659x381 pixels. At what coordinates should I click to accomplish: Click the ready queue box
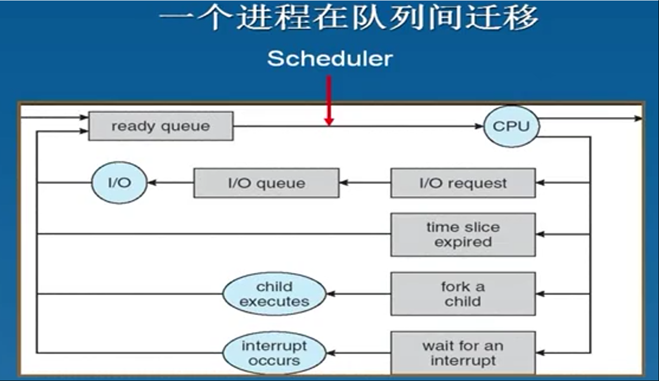[161, 126]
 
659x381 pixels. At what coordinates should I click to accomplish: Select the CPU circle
[512, 126]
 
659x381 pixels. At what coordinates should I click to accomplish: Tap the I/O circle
[119, 183]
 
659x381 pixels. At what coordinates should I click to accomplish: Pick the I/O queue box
[266, 183]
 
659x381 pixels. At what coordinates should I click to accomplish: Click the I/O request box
[463, 183]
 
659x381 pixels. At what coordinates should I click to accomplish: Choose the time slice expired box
[463, 234]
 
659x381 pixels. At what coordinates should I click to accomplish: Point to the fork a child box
[463, 294]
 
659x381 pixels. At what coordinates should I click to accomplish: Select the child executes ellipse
[274, 294]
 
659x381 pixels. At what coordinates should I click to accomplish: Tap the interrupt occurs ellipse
[274, 353]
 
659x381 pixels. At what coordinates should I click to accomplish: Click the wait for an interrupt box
[463, 353]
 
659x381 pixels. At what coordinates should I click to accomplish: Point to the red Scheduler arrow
[329, 101]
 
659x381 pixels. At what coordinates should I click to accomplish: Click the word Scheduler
[330, 58]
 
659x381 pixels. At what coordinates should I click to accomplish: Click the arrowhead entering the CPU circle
[479, 126]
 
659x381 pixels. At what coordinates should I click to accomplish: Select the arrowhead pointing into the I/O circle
[151, 183]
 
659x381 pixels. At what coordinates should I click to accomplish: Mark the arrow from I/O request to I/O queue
[365, 183]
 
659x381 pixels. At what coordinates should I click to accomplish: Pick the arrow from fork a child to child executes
[358, 294]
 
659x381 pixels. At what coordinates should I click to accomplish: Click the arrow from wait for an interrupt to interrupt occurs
[358, 353]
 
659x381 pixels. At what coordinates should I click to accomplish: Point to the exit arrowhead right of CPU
[638, 118]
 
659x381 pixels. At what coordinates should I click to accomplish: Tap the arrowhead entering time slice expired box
[540, 234]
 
